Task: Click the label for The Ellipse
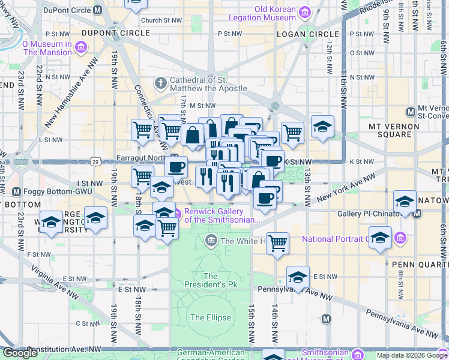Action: tap(206, 317)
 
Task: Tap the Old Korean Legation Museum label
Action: tap(275, 13)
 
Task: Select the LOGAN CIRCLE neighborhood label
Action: tap(300, 34)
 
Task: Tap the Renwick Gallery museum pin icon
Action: tap(176, 212)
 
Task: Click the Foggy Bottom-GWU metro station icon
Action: tap(16, 192)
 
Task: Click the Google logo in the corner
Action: tap(20, 353)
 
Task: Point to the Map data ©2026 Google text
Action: tap(411, 355)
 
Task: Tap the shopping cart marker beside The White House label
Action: tap(277, 243)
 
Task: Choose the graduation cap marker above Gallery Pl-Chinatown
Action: tap(405, 202)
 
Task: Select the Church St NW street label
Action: tap(161, 20)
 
